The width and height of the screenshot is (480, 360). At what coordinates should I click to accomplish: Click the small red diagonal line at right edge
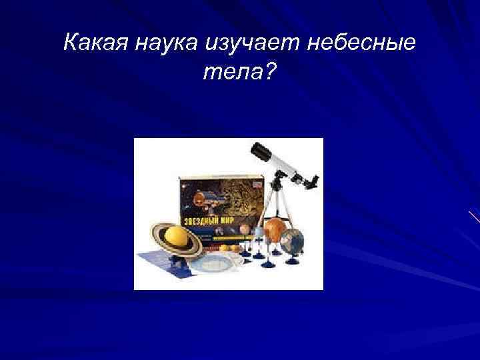pyautogui.click(x=474, y=217)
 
